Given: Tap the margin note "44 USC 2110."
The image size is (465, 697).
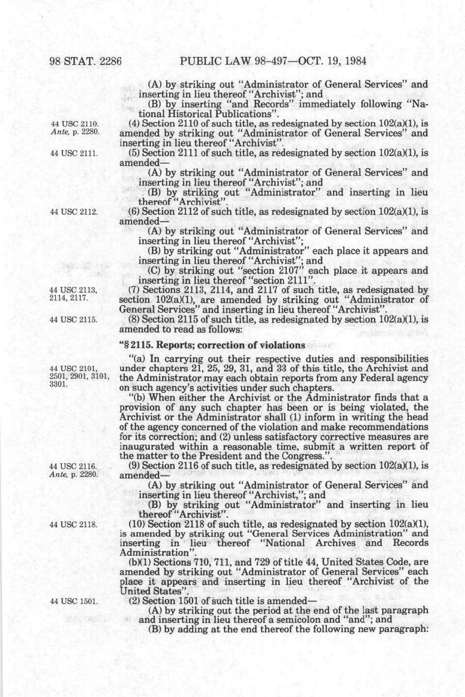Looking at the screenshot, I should point(76,123).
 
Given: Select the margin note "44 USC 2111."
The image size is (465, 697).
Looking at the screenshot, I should point(76,153).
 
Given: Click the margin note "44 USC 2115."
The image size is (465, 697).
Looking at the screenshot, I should point(76,320).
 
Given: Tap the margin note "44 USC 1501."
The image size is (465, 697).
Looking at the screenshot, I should point(76,601).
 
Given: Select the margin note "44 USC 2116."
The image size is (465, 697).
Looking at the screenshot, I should point(76,465).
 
